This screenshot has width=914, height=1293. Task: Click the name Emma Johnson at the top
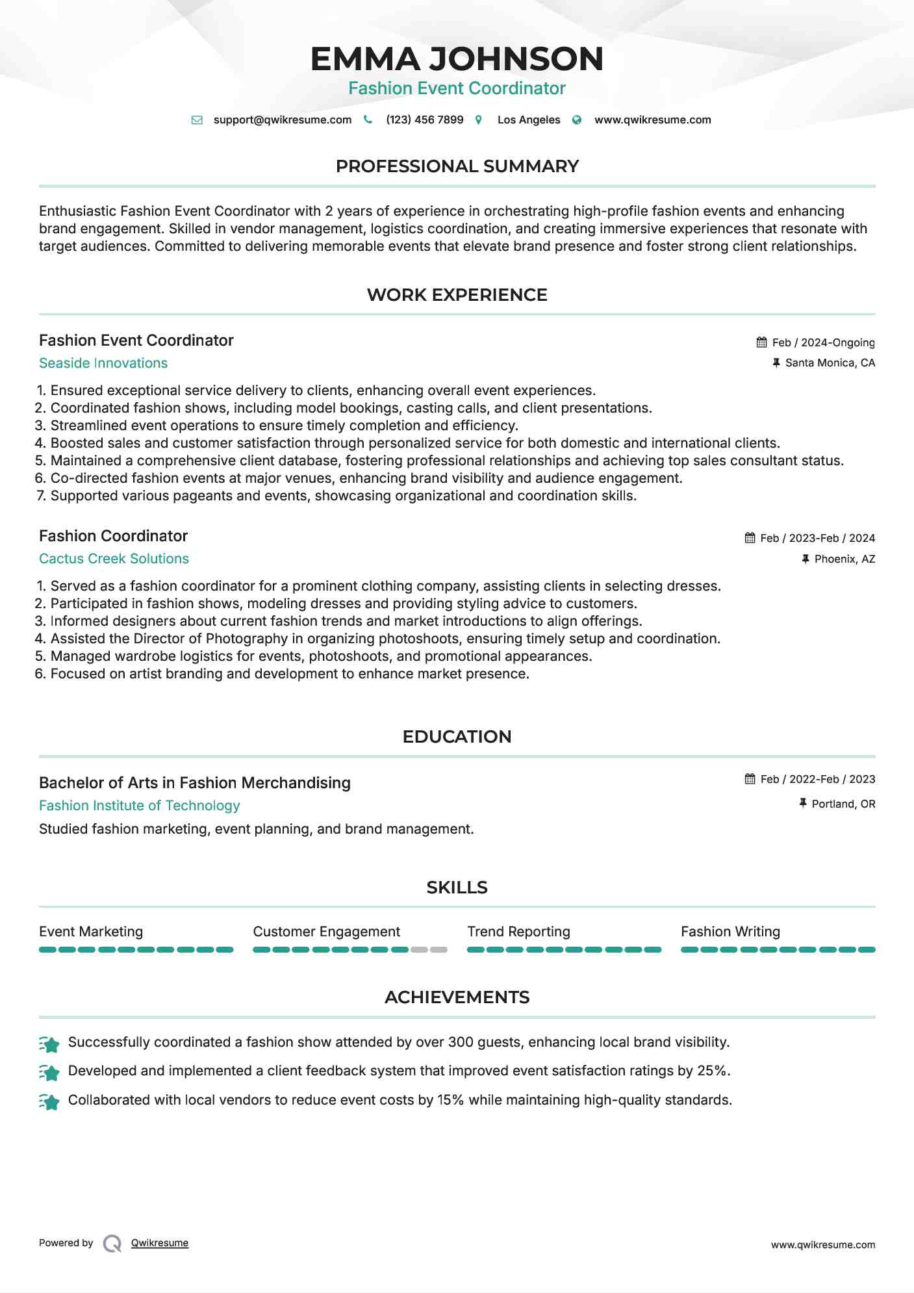(457, 59)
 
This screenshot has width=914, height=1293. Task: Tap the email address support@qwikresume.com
(282, 120)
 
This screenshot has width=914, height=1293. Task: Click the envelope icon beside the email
(197, 120)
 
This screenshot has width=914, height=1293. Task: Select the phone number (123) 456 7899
(424, 120)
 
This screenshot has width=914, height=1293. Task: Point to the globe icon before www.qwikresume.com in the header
(577, 120)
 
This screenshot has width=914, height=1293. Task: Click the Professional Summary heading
(457, 166)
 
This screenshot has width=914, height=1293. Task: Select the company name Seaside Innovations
(103, 363)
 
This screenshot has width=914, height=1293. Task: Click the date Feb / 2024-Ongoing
(823, 342)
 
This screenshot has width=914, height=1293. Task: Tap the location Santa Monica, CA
(830, 363)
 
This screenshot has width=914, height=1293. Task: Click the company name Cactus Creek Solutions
(114, 559)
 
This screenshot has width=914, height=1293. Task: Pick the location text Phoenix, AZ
(844, 559)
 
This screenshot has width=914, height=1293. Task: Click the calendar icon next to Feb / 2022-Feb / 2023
(750, 778)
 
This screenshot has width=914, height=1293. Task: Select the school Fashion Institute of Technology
(139, 806)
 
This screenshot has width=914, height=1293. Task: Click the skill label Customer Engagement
(326, 932)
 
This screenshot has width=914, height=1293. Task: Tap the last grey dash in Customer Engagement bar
(439, 950)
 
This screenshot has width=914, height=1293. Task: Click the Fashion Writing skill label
(730, 932)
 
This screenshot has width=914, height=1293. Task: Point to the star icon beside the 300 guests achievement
(49, 1043)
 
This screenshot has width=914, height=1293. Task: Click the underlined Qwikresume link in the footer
(160, 1243)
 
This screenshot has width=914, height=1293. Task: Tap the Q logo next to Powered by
(112, 1244)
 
